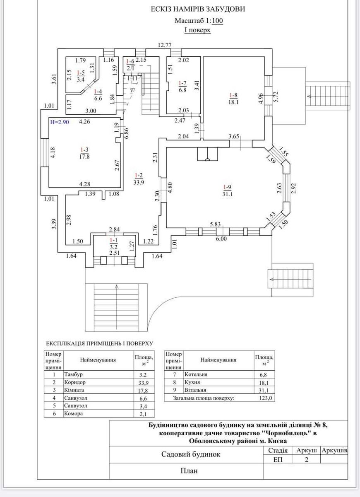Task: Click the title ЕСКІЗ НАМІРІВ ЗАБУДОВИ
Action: coord(198,9)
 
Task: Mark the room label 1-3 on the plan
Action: coord(84,150)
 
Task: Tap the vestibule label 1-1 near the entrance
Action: coord(113,240)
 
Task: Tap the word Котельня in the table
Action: coord(196,374)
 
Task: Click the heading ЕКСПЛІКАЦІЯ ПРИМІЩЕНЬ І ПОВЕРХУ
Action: coord(100,343)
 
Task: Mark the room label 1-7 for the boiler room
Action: coord(182,82)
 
